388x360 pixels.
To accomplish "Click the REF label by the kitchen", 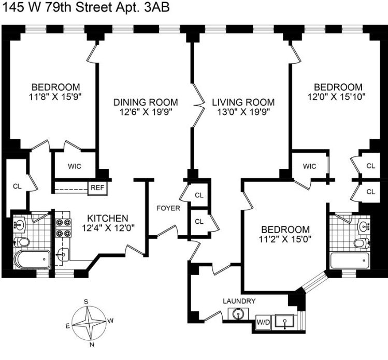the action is click(97, 188).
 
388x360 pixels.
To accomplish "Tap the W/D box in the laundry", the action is click(263, 322).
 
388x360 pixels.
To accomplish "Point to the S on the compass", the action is click(87, 301).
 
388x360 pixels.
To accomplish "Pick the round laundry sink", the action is click(237, 314).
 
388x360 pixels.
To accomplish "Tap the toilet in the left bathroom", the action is click(22, 242).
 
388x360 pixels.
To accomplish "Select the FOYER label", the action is click(169, 208).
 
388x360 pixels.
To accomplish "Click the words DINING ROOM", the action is click(146, 102).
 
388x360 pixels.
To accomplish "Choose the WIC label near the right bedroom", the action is click(310, 166).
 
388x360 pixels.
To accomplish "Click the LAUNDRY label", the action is click(239, 301).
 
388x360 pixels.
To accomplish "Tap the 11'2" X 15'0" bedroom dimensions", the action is click(285, 239).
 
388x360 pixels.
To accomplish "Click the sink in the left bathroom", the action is click(21, 224).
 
